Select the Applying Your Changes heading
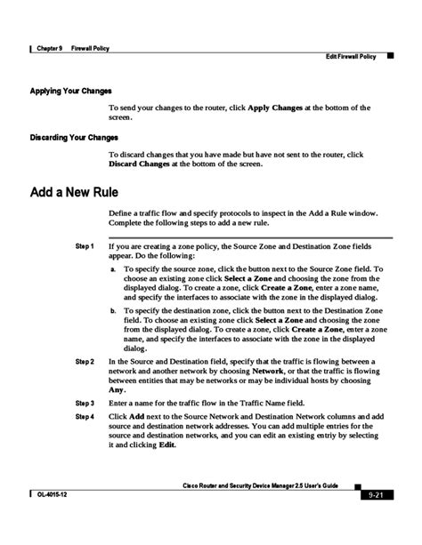[70, 91]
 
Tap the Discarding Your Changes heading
[74, 137]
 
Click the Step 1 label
[85, 244]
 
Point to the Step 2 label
[85, 362]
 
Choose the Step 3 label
[85, 403]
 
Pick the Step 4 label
[85, 416]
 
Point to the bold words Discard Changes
[145, 164]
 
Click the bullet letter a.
[112, 268]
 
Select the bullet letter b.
[112, 310]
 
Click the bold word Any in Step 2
[117, 389]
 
